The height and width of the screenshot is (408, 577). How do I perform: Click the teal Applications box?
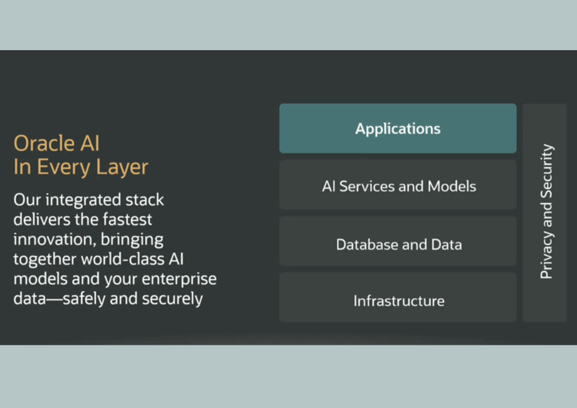tap(398, 128)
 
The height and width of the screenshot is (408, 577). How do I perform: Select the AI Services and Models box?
tap(398, 186)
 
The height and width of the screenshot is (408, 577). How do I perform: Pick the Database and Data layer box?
tap(398, 244)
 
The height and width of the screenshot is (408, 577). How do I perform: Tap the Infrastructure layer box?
tap(398, 300)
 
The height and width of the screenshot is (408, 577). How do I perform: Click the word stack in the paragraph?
tap(145, 199)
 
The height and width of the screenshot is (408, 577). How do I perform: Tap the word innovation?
tap(54, 239)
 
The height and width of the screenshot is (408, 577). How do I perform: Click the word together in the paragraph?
tap(45, 259)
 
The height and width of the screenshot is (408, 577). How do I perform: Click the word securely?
tap(174, 299)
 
